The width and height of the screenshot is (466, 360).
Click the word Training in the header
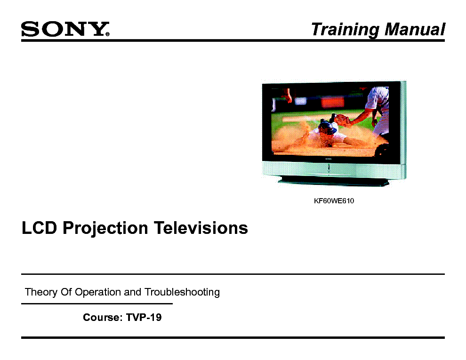(x=345, y=29)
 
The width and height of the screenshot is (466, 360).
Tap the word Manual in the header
(x=415, y=29)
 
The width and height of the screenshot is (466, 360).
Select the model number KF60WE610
(x=334, y=201)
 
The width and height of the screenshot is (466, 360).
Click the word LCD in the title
(x=39, y=228)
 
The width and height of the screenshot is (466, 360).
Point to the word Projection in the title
(x=105, y=229)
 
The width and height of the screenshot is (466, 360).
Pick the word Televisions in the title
(x=201, y=228)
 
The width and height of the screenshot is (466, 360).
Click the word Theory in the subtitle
(x=41, y=292)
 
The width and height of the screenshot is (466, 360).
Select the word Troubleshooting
(x=182, y=292)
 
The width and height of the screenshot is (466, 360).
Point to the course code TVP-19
(x=144, y=317)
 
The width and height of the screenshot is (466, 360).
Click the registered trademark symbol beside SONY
(x=107, y=34)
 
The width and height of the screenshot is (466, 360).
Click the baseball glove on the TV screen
(x=342, y=120)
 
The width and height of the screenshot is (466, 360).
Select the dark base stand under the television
(x=333, y=181)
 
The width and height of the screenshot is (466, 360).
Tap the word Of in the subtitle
(x=66, y=292)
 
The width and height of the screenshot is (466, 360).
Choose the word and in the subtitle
(x=133, y=292)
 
